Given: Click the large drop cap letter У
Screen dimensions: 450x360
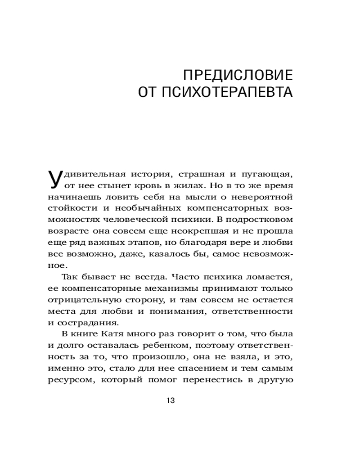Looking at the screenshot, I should [54, 179].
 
